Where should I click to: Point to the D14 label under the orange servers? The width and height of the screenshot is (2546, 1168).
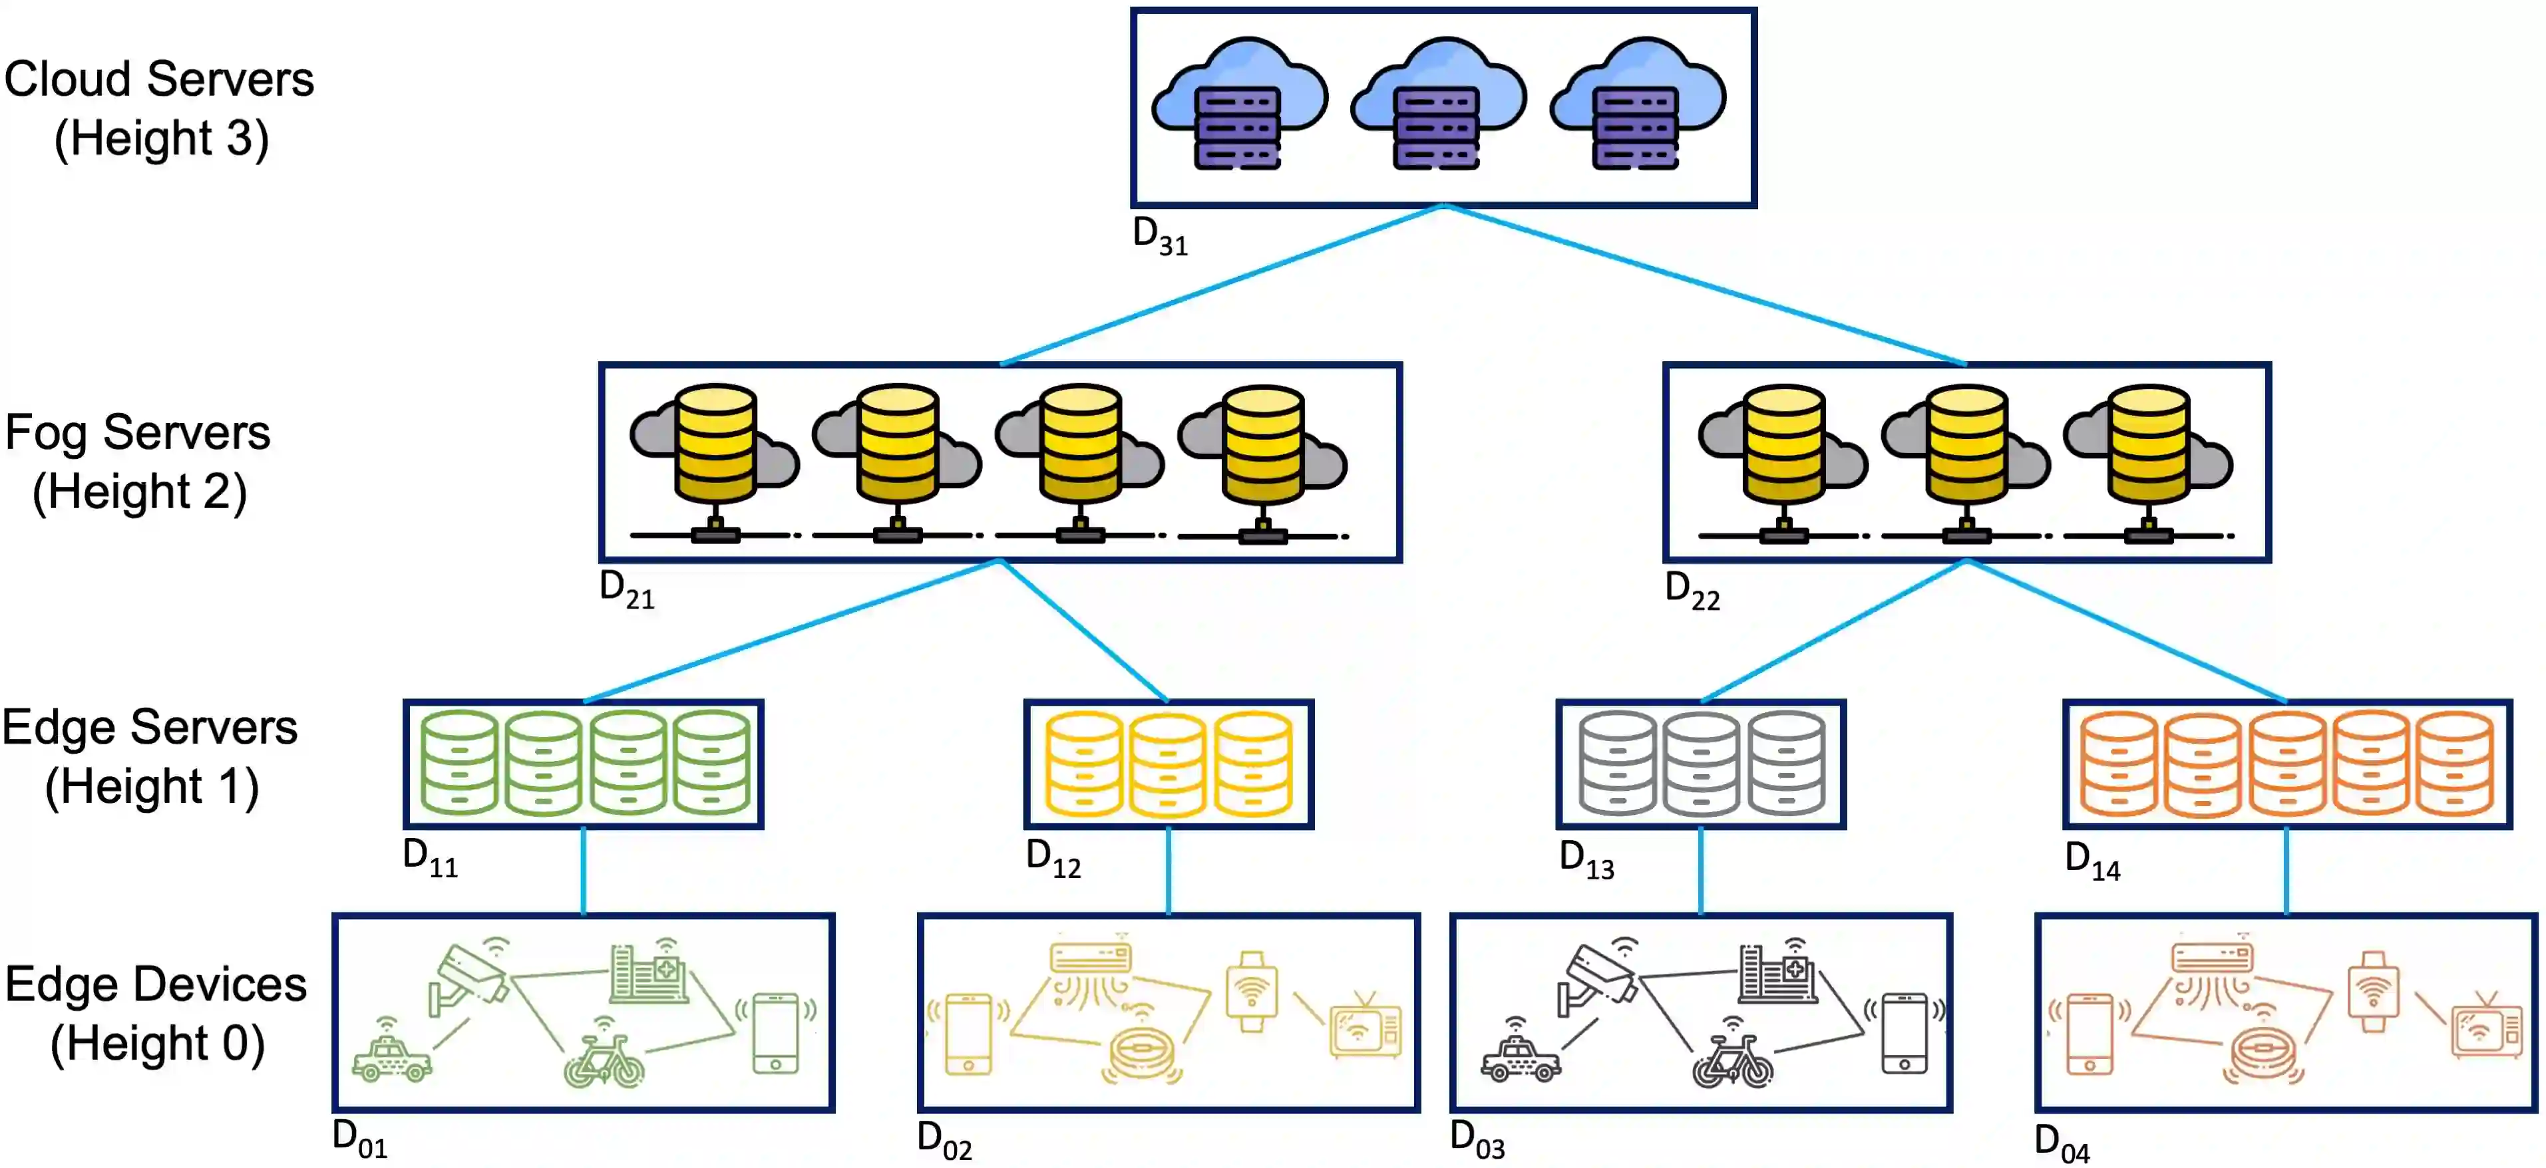2092,861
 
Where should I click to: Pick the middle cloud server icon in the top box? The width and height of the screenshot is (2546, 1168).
1438,104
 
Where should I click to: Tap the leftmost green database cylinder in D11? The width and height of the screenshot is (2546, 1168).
458,763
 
